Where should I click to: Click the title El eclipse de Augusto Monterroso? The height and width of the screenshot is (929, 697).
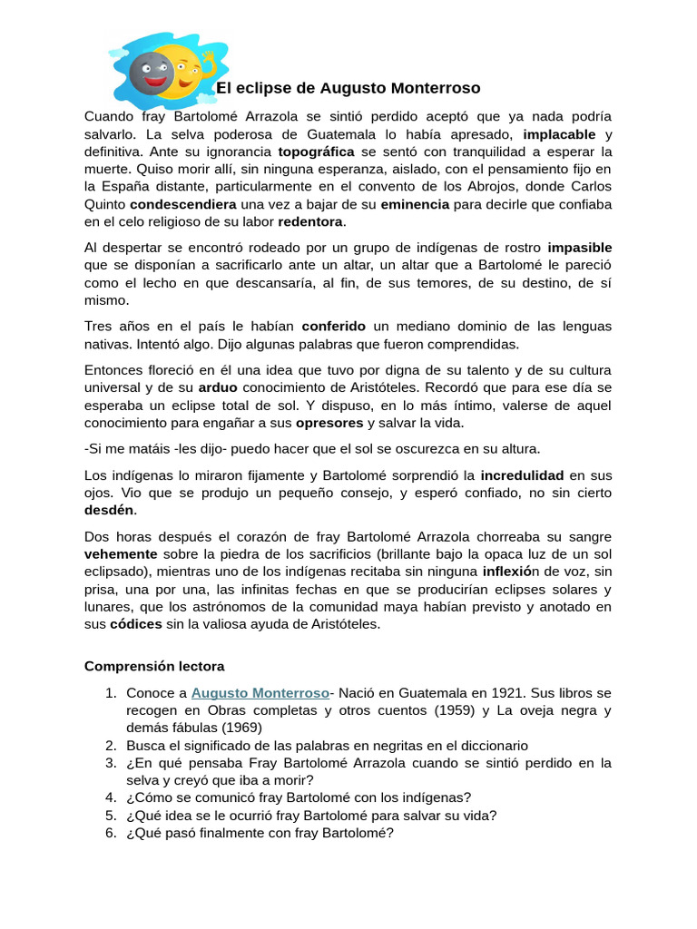(348, 88)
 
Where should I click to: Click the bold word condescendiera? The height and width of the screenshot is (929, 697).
(183, 203)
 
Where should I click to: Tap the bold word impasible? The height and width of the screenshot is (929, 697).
(579, 247)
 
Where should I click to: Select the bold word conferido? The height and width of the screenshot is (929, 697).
(333, 326)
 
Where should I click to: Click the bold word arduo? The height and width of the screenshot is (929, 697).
(218, 387)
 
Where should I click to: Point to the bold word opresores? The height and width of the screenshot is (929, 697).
(329, 422)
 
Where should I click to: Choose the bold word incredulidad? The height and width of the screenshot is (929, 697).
(522, 474)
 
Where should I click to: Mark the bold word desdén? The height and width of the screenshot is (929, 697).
(109, 510)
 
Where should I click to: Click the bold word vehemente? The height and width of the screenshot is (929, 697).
(121, 553)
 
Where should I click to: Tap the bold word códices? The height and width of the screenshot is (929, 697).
(136, 623)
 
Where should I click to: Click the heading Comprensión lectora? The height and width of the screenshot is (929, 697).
(154, 666)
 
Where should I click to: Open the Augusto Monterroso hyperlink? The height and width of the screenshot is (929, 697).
(260, 692)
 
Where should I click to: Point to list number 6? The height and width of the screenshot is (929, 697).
(111, 832)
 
